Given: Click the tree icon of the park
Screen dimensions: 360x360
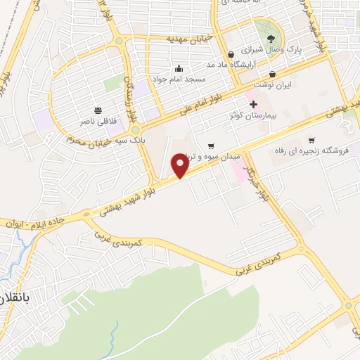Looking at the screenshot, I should (271, 39).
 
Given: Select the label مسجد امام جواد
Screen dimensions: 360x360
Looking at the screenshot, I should (181, 79).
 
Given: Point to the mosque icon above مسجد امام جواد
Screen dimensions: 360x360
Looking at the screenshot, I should (179, 68).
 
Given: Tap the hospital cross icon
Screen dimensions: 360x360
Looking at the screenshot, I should (253, 104).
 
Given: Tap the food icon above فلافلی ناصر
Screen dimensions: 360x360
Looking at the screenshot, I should (98, 110).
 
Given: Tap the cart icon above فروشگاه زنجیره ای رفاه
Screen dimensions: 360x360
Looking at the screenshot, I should (311, 140).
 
